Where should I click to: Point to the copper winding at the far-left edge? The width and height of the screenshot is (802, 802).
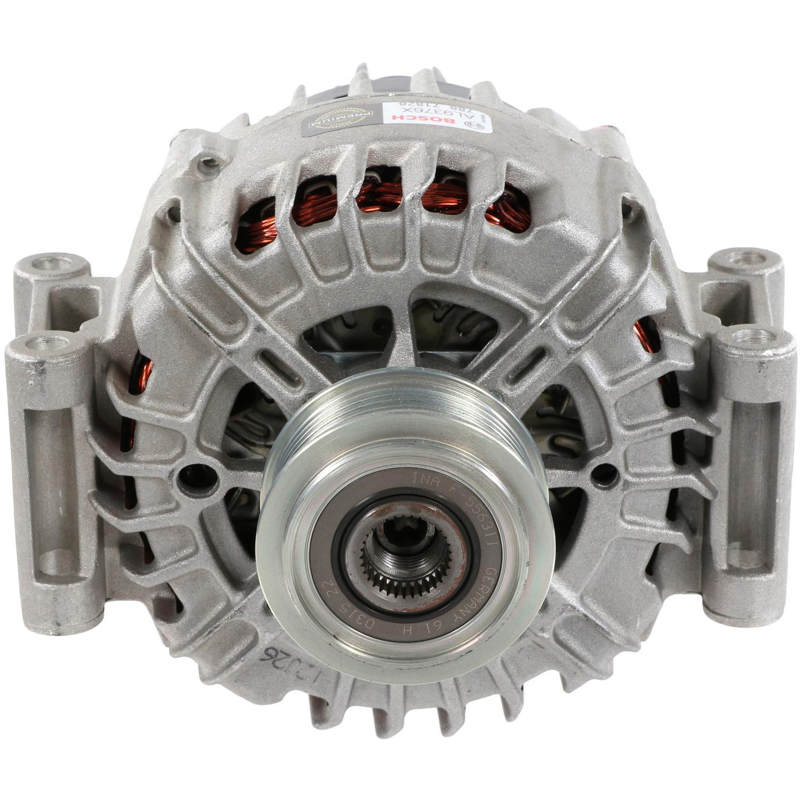pyautogui.click(x=140, y=374)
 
